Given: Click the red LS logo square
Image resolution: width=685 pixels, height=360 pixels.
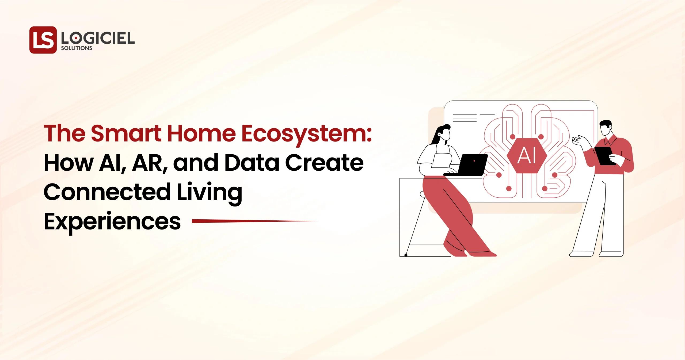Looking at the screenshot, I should (x=43, y=40).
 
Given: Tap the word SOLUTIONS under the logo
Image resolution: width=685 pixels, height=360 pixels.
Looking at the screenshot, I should (x=77, y=48).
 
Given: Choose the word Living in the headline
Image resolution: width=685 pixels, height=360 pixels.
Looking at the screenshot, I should (x=209, y=193).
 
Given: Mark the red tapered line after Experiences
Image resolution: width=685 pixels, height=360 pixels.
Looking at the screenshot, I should (x=254, y=221).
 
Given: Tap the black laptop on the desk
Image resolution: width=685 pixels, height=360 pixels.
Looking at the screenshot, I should (x=471, y=164).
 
